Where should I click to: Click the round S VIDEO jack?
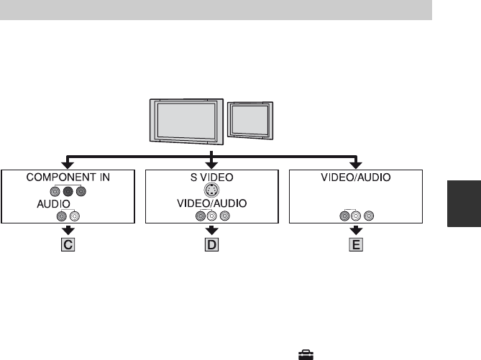[x=211, y=190]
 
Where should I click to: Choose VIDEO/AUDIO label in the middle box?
[x=211, y=203]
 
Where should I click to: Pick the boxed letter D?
[x=211, y=244]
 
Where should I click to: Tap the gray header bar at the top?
[x=216, y=10]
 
